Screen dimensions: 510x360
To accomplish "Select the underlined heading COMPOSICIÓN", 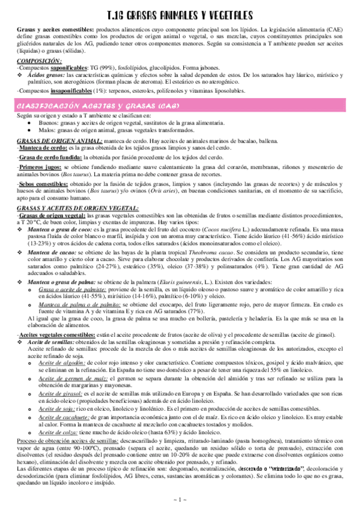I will coord(35,60).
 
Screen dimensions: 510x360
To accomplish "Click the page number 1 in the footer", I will coord(179,500).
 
